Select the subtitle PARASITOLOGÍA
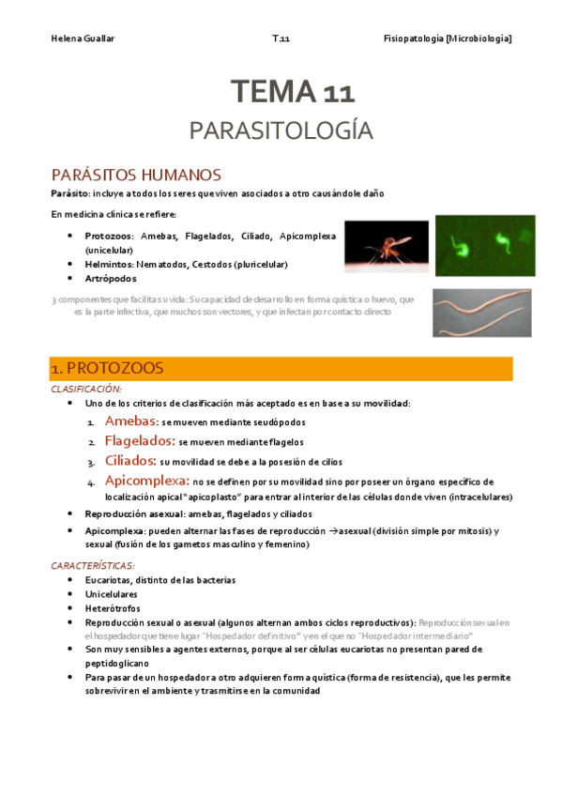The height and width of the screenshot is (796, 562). pos(281,130)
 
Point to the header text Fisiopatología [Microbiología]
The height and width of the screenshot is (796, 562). pos(448,38)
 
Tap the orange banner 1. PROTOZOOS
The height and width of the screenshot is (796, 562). pos(281,368)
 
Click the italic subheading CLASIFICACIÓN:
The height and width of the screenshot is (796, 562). pos(86,388)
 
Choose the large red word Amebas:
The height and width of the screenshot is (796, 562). pos(129,422)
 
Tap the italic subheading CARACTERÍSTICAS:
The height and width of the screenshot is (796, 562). pos(93,566)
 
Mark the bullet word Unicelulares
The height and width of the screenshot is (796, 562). pos(111,594)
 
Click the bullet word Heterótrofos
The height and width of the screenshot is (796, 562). pos(111,608)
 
